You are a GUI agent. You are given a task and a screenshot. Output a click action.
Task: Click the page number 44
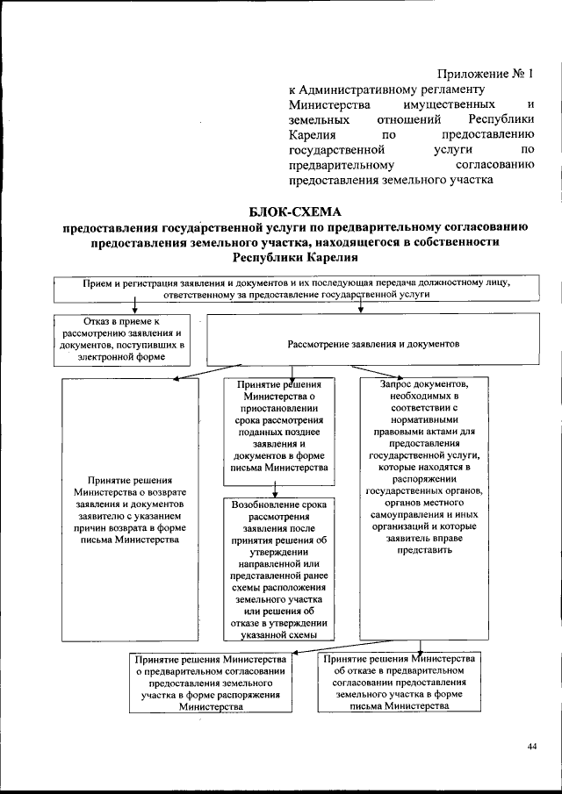point(532,746)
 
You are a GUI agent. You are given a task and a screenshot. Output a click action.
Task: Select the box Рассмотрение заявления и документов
point(373,345)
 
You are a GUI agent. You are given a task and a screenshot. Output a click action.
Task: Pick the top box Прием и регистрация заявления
point(296,290)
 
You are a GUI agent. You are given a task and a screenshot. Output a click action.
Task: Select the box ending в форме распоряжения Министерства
point(210,683)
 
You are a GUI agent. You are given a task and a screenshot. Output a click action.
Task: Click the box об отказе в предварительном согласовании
point(399,683)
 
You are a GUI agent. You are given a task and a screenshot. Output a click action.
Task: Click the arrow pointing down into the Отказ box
point(134,307)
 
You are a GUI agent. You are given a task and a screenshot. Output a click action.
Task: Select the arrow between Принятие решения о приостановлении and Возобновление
point(276,490)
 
